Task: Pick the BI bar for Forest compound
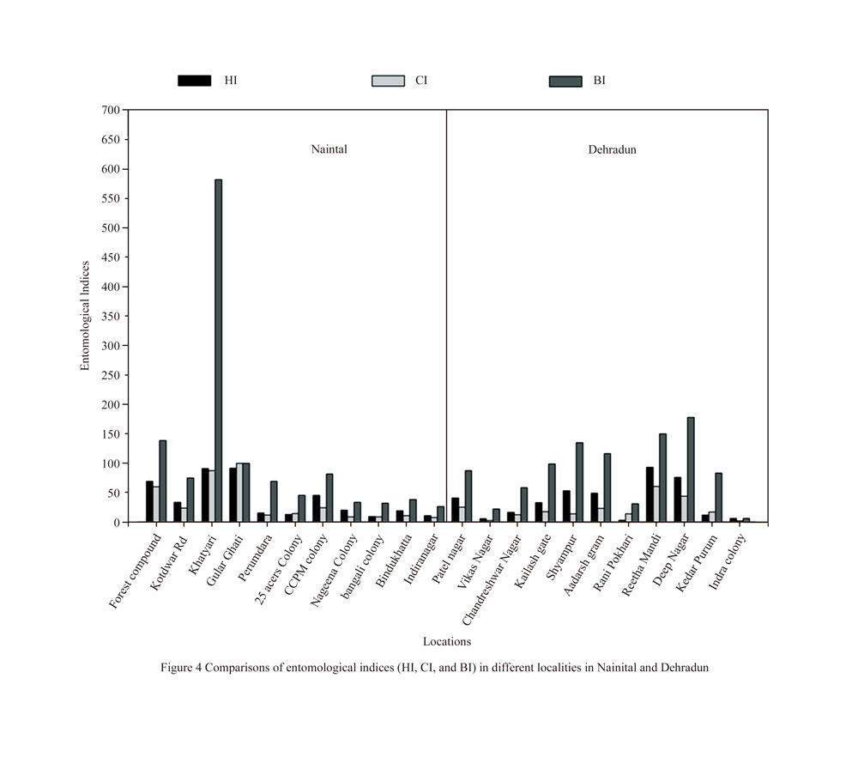tap(162, 481)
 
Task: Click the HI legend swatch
tap(194, 81)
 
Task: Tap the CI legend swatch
tap(387, 81)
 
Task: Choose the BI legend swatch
tap(565, 81)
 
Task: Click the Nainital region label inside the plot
tap(329, 149)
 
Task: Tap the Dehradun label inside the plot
tap(612, 149)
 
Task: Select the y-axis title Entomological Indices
tap(85, 316)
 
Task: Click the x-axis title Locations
tap(446, 641)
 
